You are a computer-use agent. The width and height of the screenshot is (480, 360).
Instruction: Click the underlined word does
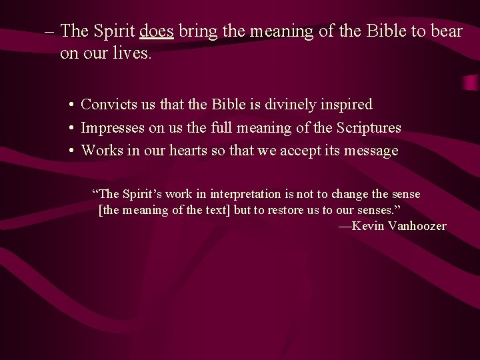pos(157,31)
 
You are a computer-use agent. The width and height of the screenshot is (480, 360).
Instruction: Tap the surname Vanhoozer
pos(417,226)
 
